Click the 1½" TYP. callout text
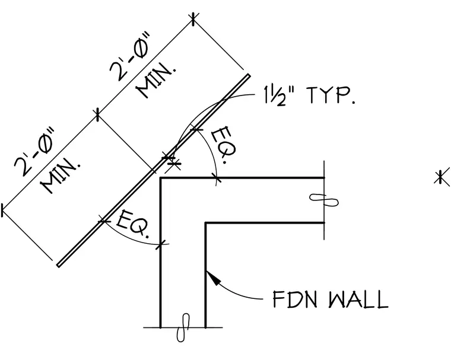pos(309,95)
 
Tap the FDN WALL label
pos(331,300)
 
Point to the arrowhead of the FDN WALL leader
pos(213,277)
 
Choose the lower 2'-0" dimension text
pos(34,152)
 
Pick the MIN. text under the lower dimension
pos(61,176)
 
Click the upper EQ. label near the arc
pos(224,145)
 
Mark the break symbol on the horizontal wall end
pos(324,200)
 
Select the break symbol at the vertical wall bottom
pos(183,327)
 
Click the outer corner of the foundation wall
pos(160,179)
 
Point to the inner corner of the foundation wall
pos(206,223)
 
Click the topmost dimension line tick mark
pos(193,19)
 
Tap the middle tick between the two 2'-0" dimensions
pos(98,114)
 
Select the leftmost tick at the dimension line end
pos(2,210)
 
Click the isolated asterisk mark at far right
pos(442,177)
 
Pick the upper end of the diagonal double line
pos(248,76)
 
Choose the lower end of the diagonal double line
pos(59,265)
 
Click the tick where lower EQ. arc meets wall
pos(160,244)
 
